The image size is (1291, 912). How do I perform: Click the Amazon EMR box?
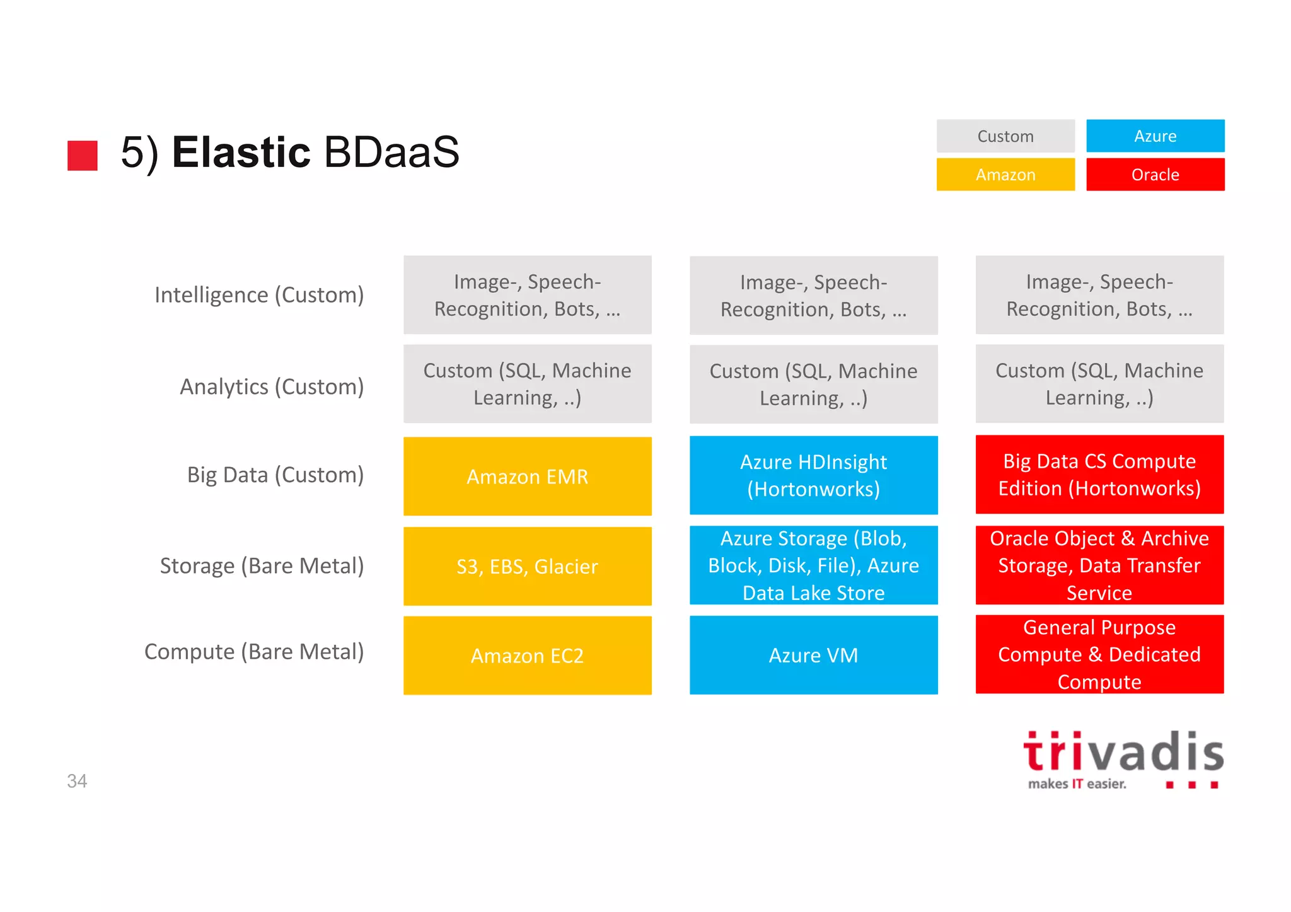(x=527, y=476)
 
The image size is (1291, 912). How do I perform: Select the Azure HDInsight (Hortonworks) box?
(x=813, y=475)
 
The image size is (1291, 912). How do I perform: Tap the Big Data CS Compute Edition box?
(x=1099, y=475)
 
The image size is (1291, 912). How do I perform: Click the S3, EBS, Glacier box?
(x=527, y=566)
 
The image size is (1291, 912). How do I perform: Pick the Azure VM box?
(x=813, y=655)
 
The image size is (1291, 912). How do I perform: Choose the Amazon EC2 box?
(x=527, y=655)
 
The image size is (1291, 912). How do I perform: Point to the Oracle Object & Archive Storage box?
(x=1099, y=565)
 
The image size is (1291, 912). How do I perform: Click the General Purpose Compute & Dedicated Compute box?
(x=1099, y=654)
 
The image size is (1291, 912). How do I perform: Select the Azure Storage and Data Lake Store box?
(x=813, y=565)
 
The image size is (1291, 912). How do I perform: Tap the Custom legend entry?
(x=1005, y=136)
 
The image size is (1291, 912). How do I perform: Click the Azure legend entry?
(x=1155, y=136)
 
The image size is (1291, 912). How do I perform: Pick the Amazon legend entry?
(x=1005, y=175)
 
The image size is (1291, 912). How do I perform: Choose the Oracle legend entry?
(x=1155, y=175)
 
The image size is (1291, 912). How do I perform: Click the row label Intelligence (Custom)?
(x=259, y=295)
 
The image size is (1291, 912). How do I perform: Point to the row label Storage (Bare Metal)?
(x=262, y=566)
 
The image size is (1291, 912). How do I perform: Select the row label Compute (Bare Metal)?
(x=254, y=652)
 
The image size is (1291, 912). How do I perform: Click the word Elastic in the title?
(x=241, y=153)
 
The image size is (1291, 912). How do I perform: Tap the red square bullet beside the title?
(x=83, y=155)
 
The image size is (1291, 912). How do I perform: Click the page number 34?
(x=77, y=781)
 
